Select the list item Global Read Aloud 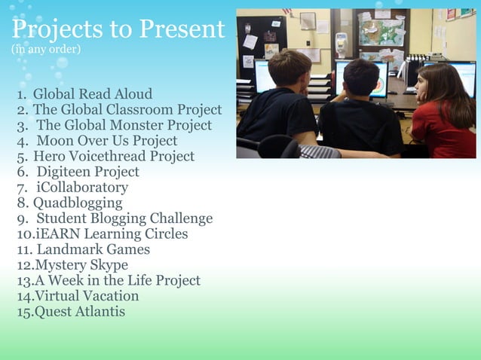[92, 94]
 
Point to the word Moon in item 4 [54, 141]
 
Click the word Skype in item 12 [108, 265]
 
